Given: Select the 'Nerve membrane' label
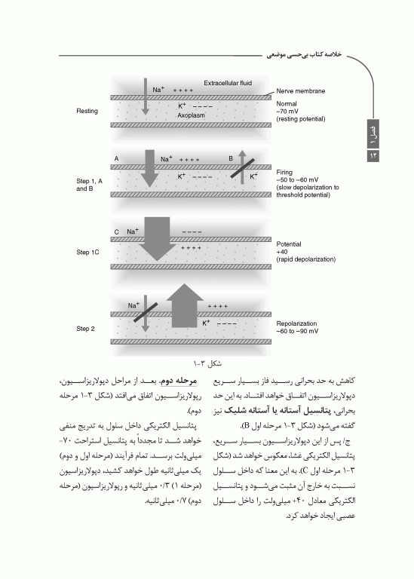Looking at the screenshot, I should tap(301, 91).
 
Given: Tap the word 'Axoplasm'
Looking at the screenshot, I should tap(192, 115).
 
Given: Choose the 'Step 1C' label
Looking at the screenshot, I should tap(87, 251).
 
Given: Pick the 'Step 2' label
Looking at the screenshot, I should tap(85, 329).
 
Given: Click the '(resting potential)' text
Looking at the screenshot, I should tap(302, 120).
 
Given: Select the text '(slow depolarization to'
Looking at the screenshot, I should tap(308, 187).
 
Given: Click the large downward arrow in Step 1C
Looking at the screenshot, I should tap(157, 237).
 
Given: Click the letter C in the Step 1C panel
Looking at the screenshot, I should tap(117, 231).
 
